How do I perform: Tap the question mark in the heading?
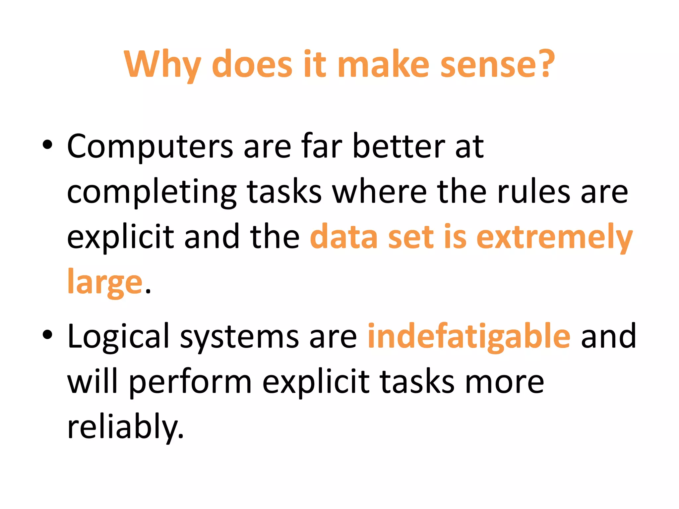click(545, 63)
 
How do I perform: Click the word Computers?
click(150, 147)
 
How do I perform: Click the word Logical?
click(118, 337)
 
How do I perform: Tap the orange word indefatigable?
click(469, 337)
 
